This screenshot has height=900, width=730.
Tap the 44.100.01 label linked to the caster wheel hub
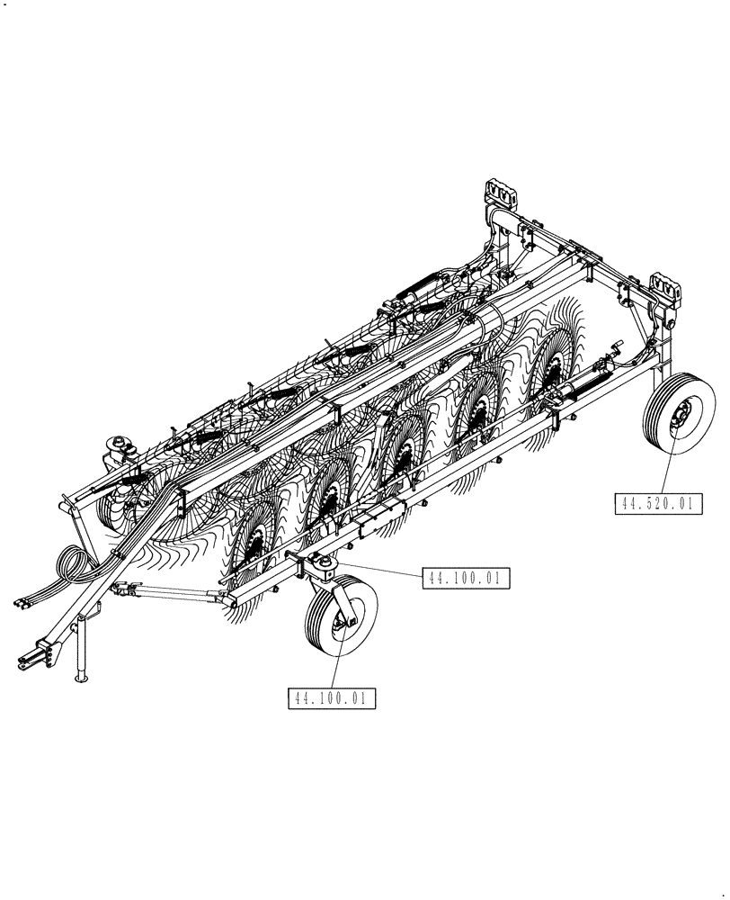pyautogui.click(x=332, y=697)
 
